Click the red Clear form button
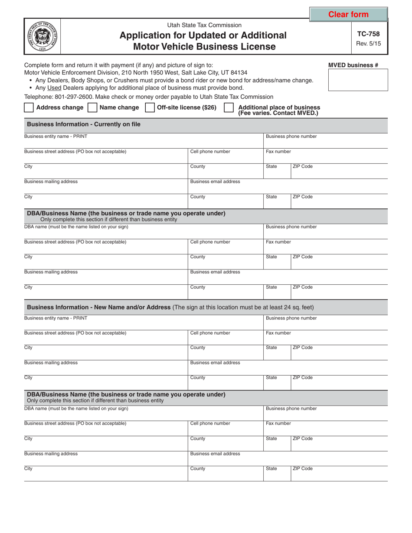pyautogui.click(x=348, y=14)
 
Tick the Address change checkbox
pyautogui.click(x=29, y=107)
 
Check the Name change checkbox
pyautogui.click(x=92, y=107)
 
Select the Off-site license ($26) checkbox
pyautogui.click(x=150, y=107)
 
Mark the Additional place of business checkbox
pyautogui.click(x=229, y=107)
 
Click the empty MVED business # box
pyautogui.click(x=358, y=80)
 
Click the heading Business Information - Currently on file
pyautogui.click(x=84, y=124)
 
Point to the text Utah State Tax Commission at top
pyautogui.click(x=205, y=25)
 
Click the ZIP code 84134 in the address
pyautogui.click(x=239, y=73)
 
